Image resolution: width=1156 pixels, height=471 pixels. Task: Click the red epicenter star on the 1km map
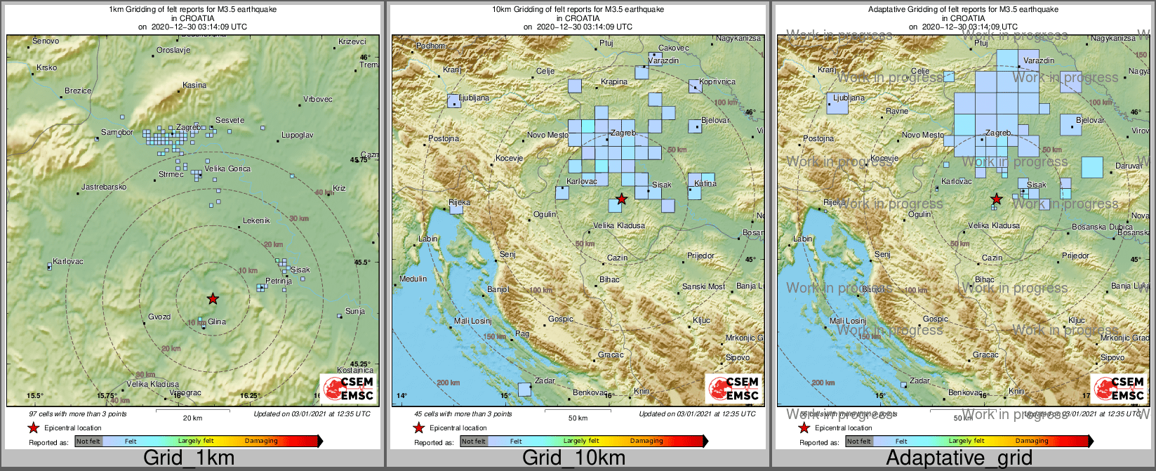pyautogui.click(x=213, y=299)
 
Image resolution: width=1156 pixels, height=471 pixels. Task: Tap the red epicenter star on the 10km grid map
pyautogui.click(x=621, y=199)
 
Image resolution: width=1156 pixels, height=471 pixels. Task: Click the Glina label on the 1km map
pyautogui.click(x=217, y=321)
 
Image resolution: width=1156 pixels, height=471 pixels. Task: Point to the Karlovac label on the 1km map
pyautogui.click(x=68, y=261)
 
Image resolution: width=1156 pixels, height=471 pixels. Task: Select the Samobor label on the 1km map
pyautogui.click(x=117, y=132)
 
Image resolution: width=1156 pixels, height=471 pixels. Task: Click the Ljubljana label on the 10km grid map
pyautogui.click(x=474, y=98)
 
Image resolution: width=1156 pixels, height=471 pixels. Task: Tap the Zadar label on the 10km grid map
pyautogui.click(x=545, y=380)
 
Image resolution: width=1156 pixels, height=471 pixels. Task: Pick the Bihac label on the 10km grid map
pyautogui.click(x=609, y=279)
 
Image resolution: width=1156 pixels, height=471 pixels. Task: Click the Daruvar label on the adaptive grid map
pyautogui.click(x=1129, y=166)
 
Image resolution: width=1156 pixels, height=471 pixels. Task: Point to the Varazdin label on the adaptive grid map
pyautogui.click(x=1039, y=60)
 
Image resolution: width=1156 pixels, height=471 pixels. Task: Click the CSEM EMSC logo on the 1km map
pyautogui.click(x=348, y=388)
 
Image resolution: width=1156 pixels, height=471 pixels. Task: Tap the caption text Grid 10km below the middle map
pyautogui.click(x=573, y=458)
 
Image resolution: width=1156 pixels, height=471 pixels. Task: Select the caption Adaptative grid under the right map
pyautogui.click(x=959, y=458)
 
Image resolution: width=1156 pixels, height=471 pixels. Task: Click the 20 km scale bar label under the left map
pyautogui.click(x=192, y=418)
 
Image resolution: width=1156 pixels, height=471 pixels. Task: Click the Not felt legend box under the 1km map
pyautogui.click(x=88, y=442)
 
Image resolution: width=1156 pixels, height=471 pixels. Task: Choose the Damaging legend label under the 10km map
pyautogui.click(x=646, y=441)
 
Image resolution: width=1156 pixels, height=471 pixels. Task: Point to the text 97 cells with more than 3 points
pyautogui.click(x=78, y=413)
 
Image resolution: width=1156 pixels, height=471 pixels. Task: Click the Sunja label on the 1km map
pyautogui.click(x=355, y=311)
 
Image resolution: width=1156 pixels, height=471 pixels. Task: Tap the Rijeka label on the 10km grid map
pyautogui.click(x=459, y=202)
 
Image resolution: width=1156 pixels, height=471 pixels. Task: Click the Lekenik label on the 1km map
pyautogui.click(x=256, y=220)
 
